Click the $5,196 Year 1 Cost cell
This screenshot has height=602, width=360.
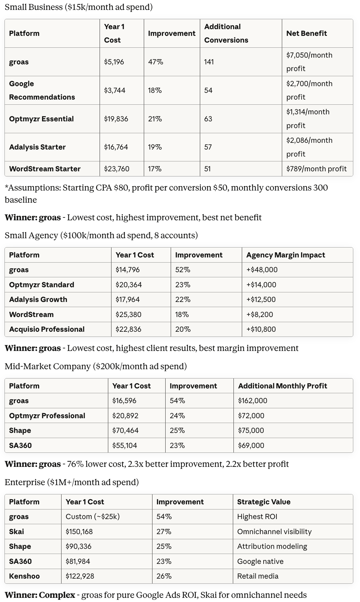coord(114,62)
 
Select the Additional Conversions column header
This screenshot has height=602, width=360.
coord(226,33)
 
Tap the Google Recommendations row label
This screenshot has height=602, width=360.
coord(42,90)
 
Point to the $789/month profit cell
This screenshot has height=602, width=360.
coord(316,169)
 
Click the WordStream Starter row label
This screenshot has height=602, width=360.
coord(45,169)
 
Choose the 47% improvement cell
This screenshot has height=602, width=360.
coord(156,62)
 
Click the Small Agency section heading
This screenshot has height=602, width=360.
coord(101,235)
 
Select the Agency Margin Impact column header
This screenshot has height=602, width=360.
coord(286,255)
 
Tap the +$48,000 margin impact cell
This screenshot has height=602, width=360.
coord(262,270)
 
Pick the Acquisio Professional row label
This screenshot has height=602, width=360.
coord(47,329)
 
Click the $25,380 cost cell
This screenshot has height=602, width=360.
coord(128,314)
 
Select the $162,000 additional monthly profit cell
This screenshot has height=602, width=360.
coord(253,401)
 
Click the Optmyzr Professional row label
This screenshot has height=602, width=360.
coord(47,416)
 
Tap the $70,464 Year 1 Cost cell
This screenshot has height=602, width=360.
coord(125,430)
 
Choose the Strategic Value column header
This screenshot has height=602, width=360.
coord(264,502)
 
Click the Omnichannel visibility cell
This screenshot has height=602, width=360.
coord(274,532)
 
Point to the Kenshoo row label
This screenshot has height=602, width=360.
coord(24,576)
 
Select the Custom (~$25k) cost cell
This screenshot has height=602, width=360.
coord(93,517)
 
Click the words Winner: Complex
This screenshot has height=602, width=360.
coord(40,595)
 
